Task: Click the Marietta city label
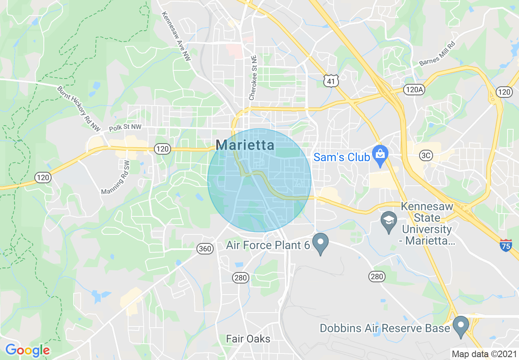[x=245, y=145]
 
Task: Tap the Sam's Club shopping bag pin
[x=380, y=156]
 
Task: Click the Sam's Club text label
[x=341, y=157]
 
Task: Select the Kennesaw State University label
[x=427, y=224]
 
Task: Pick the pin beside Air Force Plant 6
[x=321, y=243]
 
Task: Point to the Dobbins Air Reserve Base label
[x=385, y=328]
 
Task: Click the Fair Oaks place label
[x=248, y=339]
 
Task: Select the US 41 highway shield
[x=331, y=81]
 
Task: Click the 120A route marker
[x=413, y=90]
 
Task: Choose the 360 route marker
[x=205, y=248]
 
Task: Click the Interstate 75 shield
[x=506, y=245]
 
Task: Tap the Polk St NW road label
[x=125, y=128]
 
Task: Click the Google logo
[x=27, y=350]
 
